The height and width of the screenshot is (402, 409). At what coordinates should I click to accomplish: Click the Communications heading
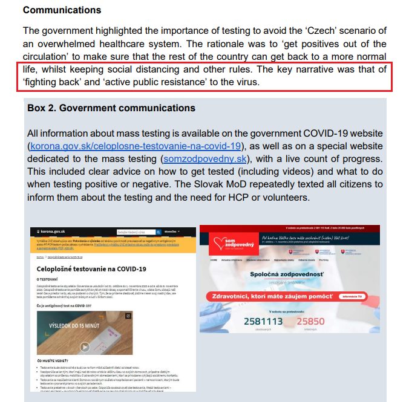pyautogui.click(x=62, y=10)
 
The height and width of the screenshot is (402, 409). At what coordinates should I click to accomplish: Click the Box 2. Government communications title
pyautogui.click(x=111, y=108)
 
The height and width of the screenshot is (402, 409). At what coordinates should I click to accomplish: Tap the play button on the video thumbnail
pyautogui.click(x=85, y=346)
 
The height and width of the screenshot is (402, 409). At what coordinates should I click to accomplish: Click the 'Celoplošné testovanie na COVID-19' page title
pyautogui.click(x=92, y=268)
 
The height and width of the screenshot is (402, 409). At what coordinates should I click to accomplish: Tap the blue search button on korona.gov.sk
pyautogui.click(x=159, y=232)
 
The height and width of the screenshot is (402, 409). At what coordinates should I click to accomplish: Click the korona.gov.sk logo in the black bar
pyautogui.click(x=51, y=232)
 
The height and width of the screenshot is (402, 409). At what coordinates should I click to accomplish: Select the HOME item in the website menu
pyautogui.click(x=213, y=259)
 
